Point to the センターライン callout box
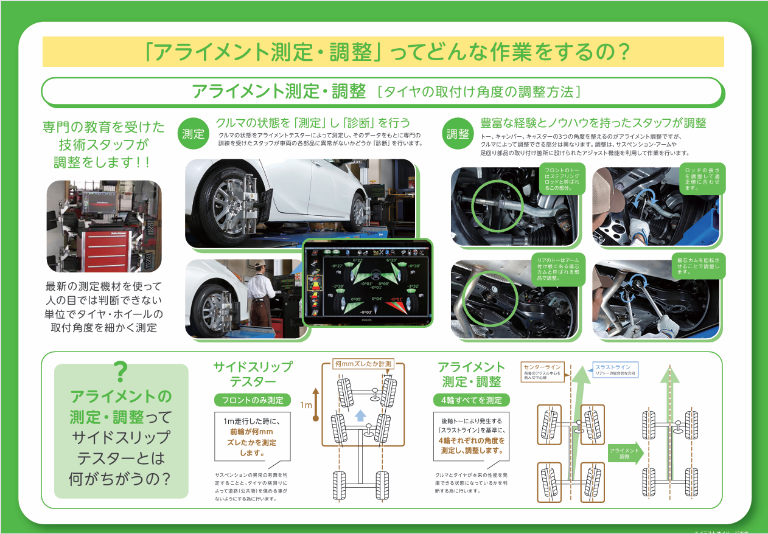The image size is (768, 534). (x=543, y=370)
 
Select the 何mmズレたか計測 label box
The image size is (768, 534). (x=363, y=364)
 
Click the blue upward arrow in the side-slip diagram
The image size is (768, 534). (x=360, y=415)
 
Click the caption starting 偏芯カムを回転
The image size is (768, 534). (x=701, y=266)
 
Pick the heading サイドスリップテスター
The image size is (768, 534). (x=253, y=375)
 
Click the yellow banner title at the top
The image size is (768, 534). (x=383, y=52)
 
